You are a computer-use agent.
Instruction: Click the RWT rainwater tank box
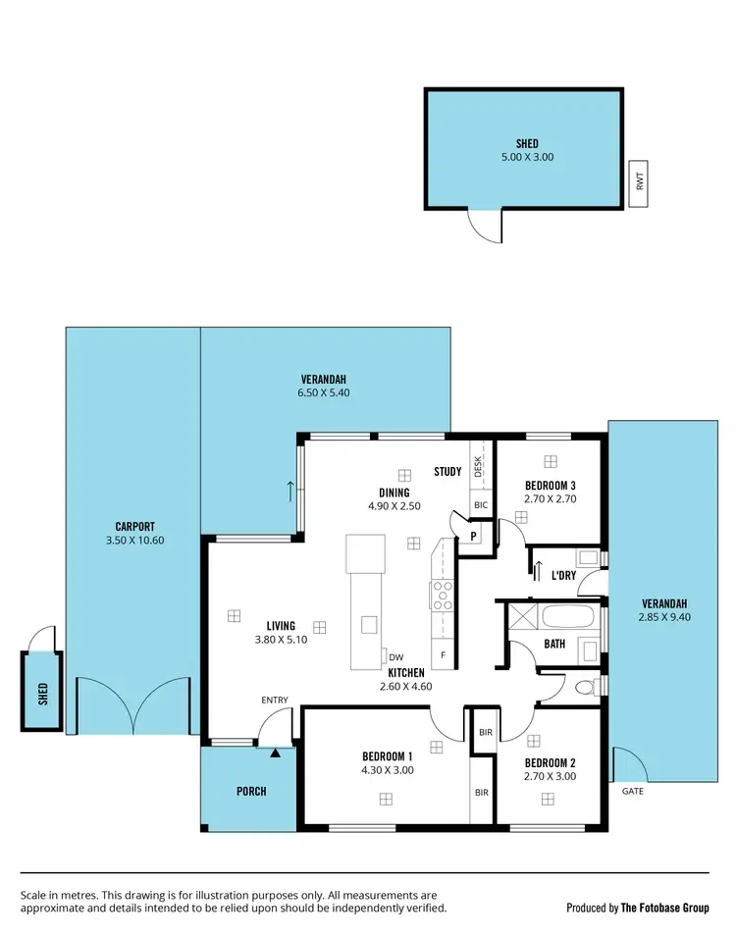639,184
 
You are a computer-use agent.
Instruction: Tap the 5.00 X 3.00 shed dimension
523,157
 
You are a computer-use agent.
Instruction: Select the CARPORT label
134,526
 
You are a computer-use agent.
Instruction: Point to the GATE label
633,791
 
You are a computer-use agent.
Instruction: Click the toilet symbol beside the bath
586,687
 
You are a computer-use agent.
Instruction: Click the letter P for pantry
473,536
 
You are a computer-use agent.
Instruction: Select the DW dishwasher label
396,657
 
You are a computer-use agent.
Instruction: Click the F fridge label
444,655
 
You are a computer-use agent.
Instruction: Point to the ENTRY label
275,700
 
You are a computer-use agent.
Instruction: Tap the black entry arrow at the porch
276,754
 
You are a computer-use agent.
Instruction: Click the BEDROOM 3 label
551,486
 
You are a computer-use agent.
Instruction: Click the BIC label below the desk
480,505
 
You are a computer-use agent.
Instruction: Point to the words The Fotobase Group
664,908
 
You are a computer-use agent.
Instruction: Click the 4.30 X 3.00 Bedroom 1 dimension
387,770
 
